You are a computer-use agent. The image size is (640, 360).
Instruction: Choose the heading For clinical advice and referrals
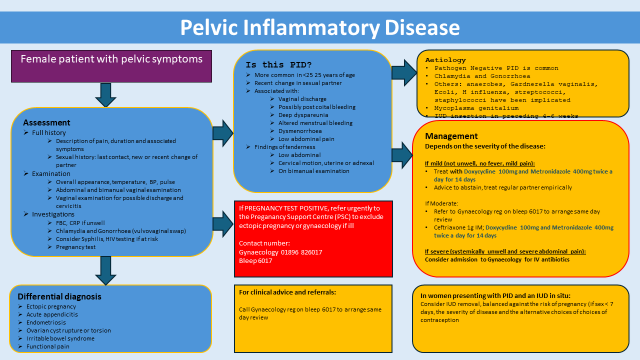290,292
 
